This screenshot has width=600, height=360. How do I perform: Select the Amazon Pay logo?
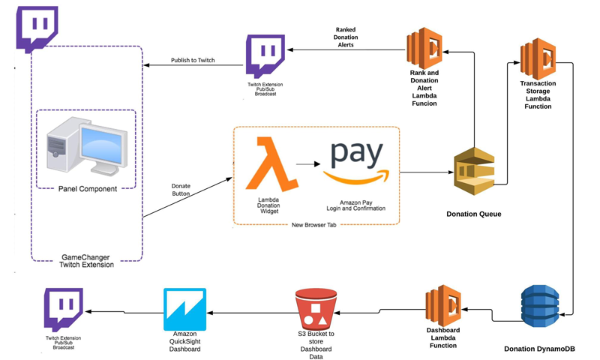pyautogui.click(x=356, y=164)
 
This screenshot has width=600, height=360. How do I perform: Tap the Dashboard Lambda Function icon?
pyautogui.click(x=442, y=305)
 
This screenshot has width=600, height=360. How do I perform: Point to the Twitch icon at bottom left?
pyautogui.click(x=63, y=310)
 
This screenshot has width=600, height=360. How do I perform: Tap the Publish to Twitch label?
pyautogui.click(x=193, y=60)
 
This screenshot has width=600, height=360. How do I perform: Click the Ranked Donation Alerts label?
pyautogui.click(x=346, y=37)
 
